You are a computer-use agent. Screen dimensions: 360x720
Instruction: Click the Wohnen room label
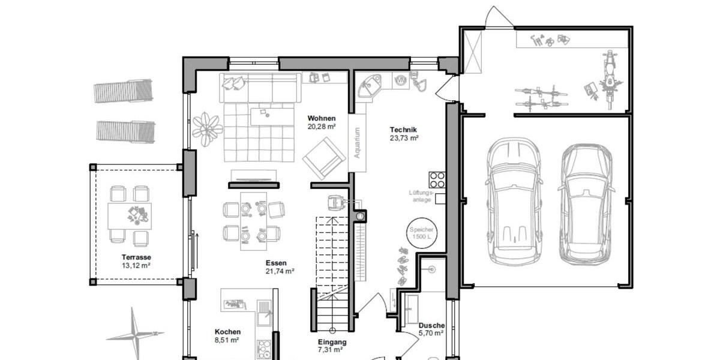[x=322, y=118]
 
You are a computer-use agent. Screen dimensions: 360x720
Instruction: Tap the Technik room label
[x=403, y=130]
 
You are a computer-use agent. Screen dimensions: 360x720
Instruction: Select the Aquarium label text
[x=357, y=143]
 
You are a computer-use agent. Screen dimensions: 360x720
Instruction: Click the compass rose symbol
[x=135, y=333]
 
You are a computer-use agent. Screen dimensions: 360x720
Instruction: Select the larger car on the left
[x=513, y=202]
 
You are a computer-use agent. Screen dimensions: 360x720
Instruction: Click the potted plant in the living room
[x=207, y=128]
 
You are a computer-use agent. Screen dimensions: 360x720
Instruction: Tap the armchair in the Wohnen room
[x=324, y=158]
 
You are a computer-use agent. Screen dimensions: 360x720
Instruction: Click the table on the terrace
[x=130, y=215]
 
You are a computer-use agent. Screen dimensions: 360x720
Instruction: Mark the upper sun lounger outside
[x=123, y=91]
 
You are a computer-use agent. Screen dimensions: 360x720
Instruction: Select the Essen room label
[x=277, y=263]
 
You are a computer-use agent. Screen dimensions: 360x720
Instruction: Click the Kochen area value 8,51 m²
[x=227, y=340]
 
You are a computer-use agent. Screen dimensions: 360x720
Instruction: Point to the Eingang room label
[x=332, y=343]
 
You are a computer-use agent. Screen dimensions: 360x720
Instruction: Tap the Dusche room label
[x=431, y=325]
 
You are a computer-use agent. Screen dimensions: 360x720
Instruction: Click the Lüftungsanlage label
[x=421, y=196]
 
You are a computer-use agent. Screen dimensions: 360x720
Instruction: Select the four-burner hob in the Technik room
[x=437, y=179]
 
